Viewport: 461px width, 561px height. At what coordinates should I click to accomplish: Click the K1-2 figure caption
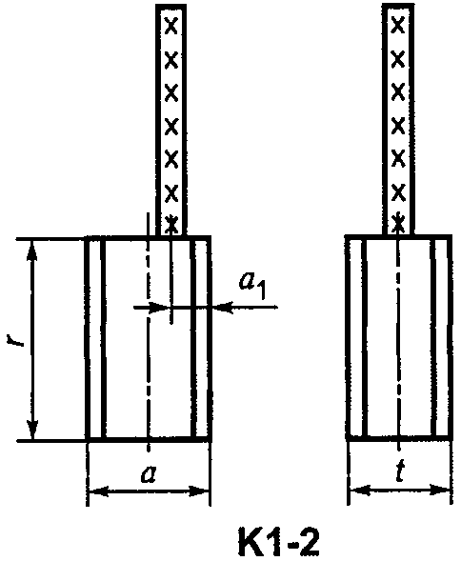point(278,541)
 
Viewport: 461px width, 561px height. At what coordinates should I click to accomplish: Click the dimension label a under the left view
point(149,474)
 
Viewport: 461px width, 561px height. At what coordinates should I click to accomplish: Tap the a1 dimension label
point(252,286)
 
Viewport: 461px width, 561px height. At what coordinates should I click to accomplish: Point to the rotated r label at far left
point(15,339)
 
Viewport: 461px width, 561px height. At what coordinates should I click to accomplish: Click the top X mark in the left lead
point(171,27)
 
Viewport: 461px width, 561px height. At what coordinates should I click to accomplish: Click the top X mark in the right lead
point(397,26)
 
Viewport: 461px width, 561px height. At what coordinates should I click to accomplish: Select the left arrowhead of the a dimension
point(98,491)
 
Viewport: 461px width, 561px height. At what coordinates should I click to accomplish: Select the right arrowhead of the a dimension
point(198,491)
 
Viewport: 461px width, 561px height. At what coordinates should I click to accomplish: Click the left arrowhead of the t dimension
point(360,490)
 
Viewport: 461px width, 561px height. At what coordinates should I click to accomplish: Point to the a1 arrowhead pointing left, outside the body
point(223,307)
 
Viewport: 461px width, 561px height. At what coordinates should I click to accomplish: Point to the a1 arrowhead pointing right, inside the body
point(160,307)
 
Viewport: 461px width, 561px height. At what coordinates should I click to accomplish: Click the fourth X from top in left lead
point(171,126)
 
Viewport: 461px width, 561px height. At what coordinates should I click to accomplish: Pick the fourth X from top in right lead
point(397,125)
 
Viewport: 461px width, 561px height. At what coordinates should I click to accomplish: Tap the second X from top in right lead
point(397,59)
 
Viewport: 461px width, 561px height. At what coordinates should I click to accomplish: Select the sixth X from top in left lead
point(171,193)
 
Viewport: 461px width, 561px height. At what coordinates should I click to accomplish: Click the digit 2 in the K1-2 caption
point(309,541)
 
